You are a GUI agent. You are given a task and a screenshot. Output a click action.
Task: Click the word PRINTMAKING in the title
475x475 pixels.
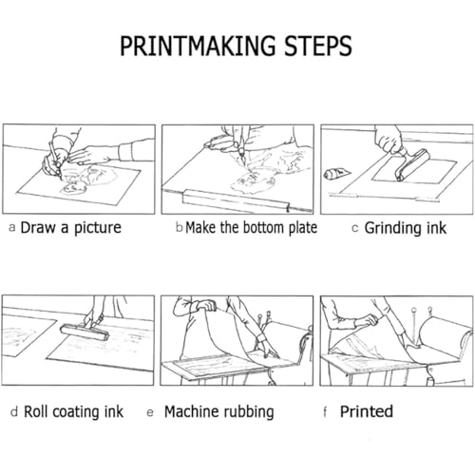coord(198,46)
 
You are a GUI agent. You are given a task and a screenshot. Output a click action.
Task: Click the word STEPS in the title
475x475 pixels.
coord(318,46)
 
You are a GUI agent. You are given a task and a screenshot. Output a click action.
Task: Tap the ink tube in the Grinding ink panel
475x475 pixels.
coord(336,174)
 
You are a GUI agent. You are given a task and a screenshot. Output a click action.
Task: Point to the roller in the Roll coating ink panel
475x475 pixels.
coord(85,332)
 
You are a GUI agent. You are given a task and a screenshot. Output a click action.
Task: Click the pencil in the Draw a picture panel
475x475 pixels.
coord(55,159)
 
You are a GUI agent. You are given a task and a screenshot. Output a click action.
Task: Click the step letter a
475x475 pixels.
coord(12,228)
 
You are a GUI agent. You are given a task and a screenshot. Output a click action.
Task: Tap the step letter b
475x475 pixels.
coord(180,227)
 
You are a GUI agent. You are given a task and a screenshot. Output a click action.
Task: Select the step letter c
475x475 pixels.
coord(355,228)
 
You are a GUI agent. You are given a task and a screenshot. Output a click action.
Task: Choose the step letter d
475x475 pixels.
coord(14,411)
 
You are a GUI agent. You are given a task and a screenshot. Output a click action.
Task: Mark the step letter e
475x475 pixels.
coord(150,412)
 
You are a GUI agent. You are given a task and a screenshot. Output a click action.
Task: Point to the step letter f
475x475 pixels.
coord(325,411)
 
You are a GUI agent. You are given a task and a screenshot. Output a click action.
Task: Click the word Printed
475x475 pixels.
coord(367,411)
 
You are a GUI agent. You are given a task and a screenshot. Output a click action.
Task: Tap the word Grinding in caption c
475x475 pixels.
coord(392,228)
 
